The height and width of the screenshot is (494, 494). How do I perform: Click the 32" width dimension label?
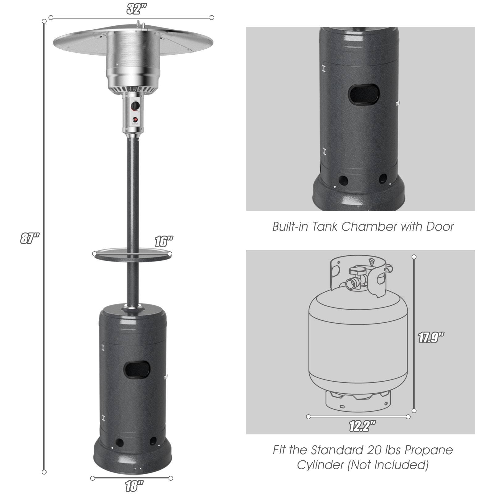[136, 9]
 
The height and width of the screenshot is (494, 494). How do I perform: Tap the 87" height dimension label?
[30, 238]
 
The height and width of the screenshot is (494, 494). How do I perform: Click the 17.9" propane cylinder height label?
[431, 338]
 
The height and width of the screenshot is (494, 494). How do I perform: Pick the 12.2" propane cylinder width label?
[362, 426]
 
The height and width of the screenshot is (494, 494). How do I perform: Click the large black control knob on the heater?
[135, 106]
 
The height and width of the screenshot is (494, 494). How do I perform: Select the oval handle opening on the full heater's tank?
[136, 370]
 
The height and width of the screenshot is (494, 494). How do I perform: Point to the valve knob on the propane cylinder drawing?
[357, 270]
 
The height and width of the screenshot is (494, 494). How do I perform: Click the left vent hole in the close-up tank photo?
[343, 180]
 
